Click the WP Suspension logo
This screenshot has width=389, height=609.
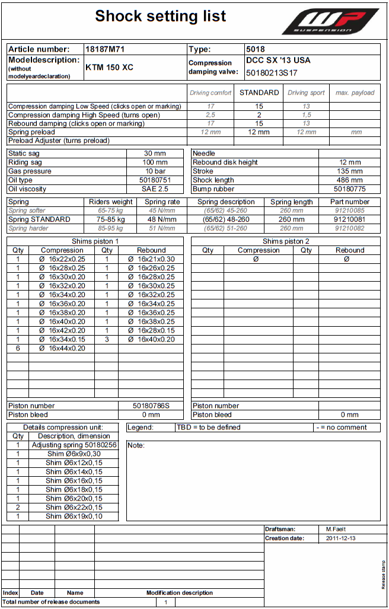(330, 21)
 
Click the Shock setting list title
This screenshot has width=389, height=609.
(161, 16)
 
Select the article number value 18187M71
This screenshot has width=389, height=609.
(104, 49)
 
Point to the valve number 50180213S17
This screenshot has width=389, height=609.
(272, 73)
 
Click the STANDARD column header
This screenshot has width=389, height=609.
(259, 93)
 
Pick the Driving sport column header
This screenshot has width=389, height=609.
(306, 93)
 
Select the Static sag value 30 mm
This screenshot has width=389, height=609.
(155, 154)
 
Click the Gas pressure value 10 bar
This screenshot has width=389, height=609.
(155, 171)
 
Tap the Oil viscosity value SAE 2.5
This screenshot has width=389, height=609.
(155, 189)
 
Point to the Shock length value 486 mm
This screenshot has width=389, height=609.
(350, 180)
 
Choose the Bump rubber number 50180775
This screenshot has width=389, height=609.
(350, 189)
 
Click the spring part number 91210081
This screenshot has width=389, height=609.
(350, 219)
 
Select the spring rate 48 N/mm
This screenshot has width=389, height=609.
(162, 219)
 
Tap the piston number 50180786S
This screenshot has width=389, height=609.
(151, 406)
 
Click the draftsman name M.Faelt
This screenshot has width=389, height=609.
(337, 529)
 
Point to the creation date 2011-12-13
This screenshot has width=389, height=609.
(341, 538)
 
